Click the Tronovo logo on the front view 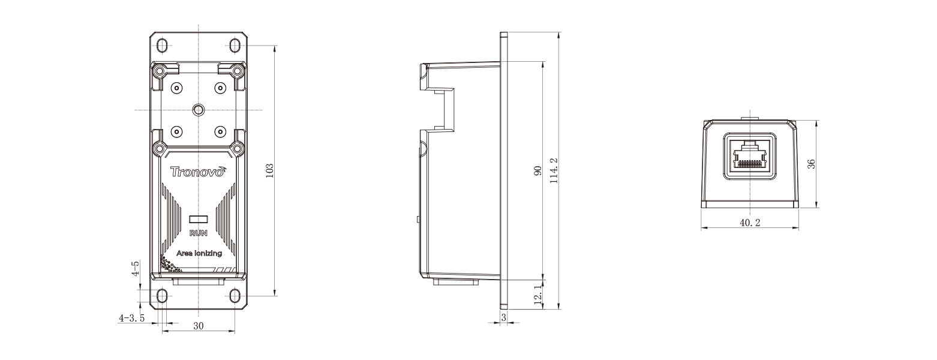[198, 172]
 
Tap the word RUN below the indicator [198, 233]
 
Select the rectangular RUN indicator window [198, 220]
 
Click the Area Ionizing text [199, 253]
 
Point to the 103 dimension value [269, 170]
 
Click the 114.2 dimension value [554, 171]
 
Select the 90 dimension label [537, 171]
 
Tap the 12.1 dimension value [537, 294]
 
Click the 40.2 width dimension [750, 223]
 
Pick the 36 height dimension [811, 164]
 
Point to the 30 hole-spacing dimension [198, 325]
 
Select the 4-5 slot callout [136, 268]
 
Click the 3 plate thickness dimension [503, 316]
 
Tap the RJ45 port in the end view [750, 155]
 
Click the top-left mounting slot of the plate [162, 46]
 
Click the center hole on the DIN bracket [198, 109]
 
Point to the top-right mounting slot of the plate [235, 46]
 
